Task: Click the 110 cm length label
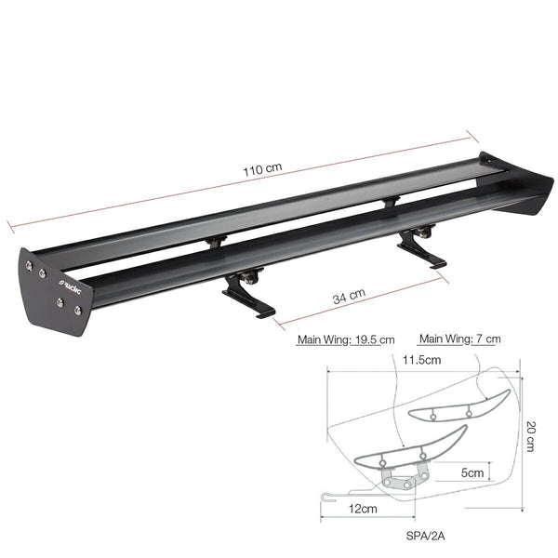pos(261,171)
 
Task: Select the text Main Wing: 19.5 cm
pos(345,340)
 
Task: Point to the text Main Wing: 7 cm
pos(460,339)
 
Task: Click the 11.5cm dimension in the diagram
pos(421,359)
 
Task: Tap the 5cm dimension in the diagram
pos(473,472)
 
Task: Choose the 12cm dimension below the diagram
pos(364,509)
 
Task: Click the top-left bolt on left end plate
pos(31,266)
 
